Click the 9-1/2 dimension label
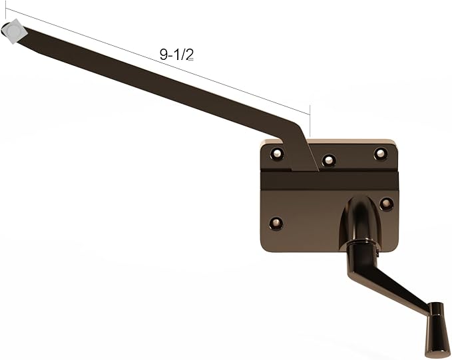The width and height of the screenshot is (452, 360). tap(176, 55)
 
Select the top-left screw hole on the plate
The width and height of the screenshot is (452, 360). tap(277, 154)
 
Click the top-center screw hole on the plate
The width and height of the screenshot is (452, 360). tap(328, 160)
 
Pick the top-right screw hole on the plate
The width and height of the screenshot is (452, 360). tap(380, 153)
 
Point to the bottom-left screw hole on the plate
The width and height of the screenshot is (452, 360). tap(276, 222)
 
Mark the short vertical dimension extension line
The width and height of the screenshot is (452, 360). tap(310, 122)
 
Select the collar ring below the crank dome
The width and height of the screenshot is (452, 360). tap(360, 248)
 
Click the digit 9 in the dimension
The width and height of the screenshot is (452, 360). tap(163, 55)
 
